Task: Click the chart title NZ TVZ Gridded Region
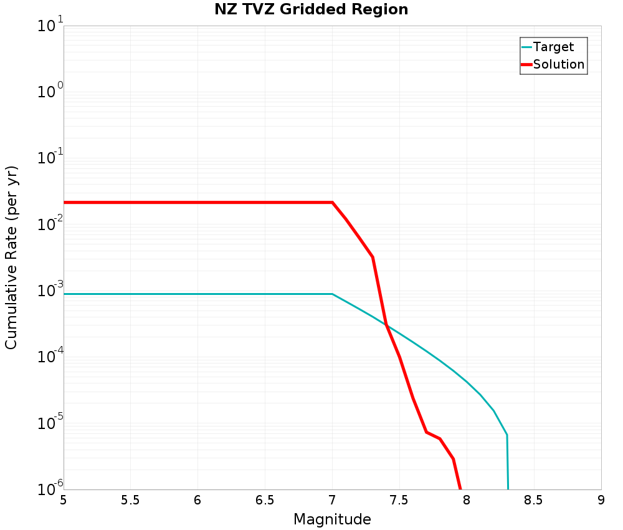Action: [x=311, y=9]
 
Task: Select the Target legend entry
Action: [x=553, y=47]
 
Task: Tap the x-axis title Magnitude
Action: [x=332, y=519]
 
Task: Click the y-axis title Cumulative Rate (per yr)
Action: [x=11, y=258]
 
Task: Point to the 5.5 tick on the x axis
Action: [x=130, y=500]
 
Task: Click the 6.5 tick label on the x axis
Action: [x=265, y=500]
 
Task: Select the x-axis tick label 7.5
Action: [x=399, y=500]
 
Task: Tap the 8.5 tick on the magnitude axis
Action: [x=534, y=500]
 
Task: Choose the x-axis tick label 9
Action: [x=601, y=500]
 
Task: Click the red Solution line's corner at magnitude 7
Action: [x=332, y=202]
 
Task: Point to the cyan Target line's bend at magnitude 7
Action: [x=332, y=294]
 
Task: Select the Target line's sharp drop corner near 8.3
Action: [x=507, y=435]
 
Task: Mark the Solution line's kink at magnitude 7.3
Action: [x=373, y=257]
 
